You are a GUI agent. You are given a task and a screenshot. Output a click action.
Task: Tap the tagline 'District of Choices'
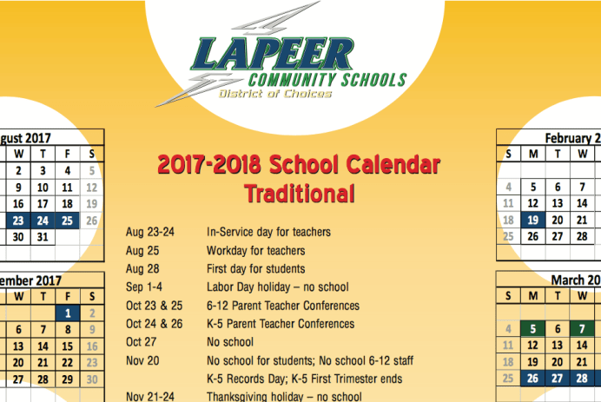point(274,94)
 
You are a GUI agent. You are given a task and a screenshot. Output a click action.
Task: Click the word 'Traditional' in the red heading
point(300,193)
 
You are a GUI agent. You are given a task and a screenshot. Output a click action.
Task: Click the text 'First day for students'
point(255,268)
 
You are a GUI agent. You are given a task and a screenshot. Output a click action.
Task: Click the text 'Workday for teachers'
point(256,250)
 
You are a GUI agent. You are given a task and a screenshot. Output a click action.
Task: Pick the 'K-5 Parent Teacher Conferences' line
point(281,324)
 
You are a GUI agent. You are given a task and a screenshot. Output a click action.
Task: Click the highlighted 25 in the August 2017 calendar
point(68,221)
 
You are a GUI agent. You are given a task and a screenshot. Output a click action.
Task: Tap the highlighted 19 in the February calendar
point(532,221)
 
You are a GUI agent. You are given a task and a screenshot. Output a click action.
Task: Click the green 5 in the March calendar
point(532,329)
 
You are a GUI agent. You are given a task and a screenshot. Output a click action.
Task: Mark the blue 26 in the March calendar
point(532,379)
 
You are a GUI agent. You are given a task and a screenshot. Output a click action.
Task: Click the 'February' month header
point(568,138)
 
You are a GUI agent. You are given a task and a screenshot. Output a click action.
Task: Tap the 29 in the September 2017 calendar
point(68,379)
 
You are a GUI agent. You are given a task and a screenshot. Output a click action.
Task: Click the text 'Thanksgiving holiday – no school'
point(283,397)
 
